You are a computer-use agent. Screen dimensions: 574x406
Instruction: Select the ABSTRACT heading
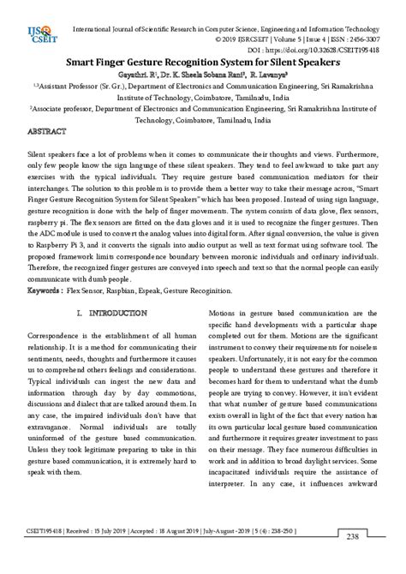[x=50, y=135]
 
